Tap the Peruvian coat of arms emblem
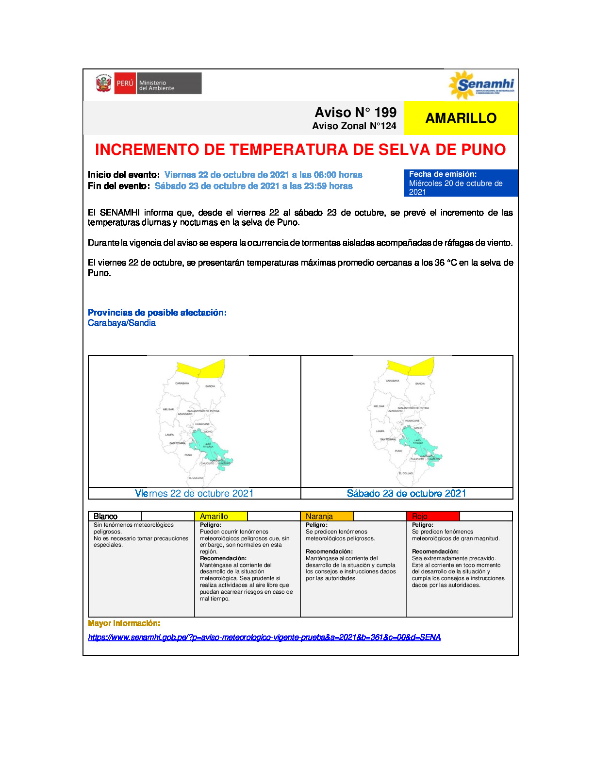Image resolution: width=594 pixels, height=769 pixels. click(103, 84)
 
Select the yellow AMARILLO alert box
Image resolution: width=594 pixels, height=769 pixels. click(461, 118)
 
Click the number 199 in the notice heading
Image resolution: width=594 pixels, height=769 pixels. click(385, 112)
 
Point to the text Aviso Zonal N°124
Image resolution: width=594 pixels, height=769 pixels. click(354, 126)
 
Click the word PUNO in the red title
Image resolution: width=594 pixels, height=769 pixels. click(483, 150)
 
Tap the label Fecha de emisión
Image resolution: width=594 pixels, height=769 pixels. click(443, 174)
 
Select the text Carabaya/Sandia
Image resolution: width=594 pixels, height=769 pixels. click(122, 323)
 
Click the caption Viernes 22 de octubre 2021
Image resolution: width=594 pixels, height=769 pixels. click(194, 493)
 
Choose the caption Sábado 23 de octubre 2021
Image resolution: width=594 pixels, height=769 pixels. click(406, 493)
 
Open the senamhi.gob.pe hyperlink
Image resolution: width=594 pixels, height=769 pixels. click(264, 637)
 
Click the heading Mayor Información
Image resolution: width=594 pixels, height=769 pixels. click(124, 623)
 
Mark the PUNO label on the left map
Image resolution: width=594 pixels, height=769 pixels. click(188, 455)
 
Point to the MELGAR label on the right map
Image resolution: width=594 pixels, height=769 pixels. click(379, 406)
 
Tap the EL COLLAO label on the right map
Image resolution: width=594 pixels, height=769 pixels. click(406, 473)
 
